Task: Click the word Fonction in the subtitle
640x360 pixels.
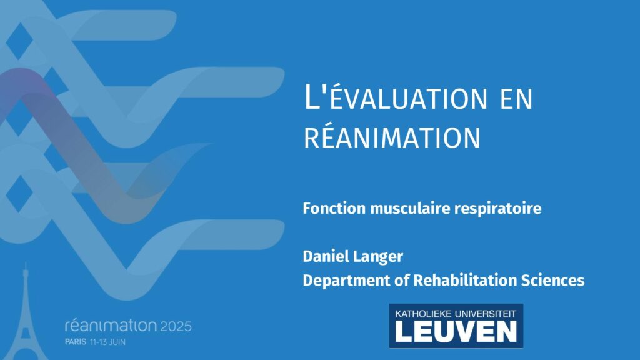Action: pos(334,209)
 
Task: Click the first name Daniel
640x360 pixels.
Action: pos(325,256)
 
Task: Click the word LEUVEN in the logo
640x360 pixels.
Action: pos(456,331)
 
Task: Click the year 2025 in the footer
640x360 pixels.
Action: pos(176,326)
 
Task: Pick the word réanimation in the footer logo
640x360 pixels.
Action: pos(111,325)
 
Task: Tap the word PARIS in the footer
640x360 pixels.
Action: pos(76,342)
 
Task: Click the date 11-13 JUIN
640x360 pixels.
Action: pos(107,342)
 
